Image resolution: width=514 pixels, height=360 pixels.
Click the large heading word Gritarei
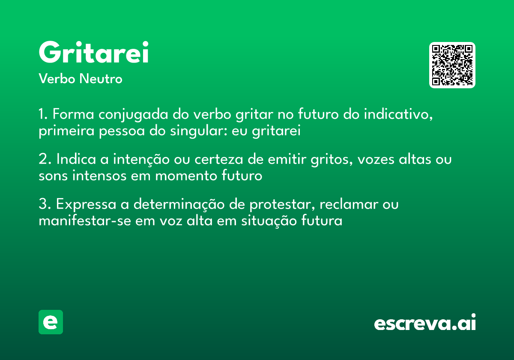pyautogui.click(x=93, y=53)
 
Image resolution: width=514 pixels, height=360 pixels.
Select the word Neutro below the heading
pyautogui.click(x=101, y=79)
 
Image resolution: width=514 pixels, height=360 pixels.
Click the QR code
pyautogui.click(x=452, y=65)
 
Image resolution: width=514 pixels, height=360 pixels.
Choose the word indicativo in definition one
pyautogui.click(x=396, y=115)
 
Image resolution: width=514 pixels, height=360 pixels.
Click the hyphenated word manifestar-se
pyautogui.click(x=81, y=221)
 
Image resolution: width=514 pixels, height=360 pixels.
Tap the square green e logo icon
pyautogui.click(x=51, y=322)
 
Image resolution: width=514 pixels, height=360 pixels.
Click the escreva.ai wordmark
pyautogui.click(x=425, y=323)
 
